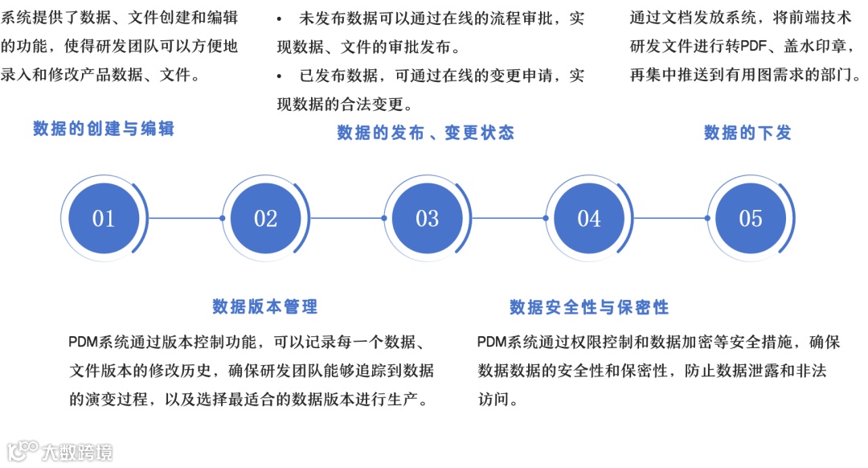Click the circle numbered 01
(104, 218)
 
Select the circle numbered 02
(265, 218)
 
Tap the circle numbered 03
(427, 218)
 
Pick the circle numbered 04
(588, 218)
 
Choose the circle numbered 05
(750, 218)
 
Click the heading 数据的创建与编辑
(104, 129)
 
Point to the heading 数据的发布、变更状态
(425, 133)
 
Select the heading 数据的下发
(747, 133)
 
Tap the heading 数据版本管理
(265, 306)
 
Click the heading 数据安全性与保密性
(589, 307)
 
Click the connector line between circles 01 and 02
(185, 218)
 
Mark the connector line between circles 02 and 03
(346, 218)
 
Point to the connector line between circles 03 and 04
(508, 218)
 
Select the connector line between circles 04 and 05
(669, 218)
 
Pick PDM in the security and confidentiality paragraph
(492, 343)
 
